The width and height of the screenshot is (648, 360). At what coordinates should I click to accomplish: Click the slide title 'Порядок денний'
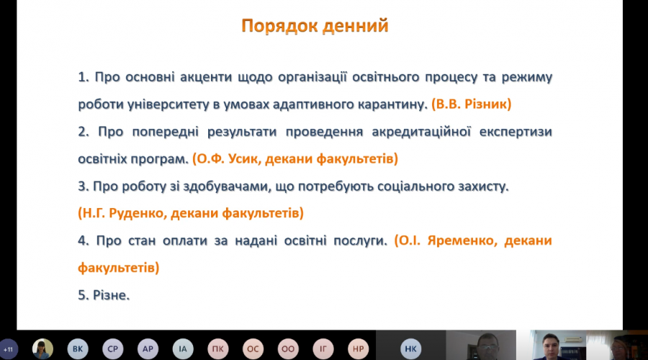click(315, 26)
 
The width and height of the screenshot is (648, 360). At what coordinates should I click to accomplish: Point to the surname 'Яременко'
click(460, 240)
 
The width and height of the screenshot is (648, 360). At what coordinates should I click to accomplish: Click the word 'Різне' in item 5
click(109, 295)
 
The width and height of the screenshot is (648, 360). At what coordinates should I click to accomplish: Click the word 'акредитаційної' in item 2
click(421, 132)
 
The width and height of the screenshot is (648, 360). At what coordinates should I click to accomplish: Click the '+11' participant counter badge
click(9, 349)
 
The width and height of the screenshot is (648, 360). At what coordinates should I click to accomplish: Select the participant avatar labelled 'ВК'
click(78, 349)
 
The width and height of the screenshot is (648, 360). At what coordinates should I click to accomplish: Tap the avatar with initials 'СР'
click(113, 349)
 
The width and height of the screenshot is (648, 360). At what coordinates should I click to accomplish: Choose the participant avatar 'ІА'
click(183, 349)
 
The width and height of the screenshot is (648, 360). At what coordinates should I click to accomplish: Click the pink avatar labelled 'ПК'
click(217, 349)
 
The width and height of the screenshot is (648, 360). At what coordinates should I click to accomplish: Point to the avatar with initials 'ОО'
click(288, 349)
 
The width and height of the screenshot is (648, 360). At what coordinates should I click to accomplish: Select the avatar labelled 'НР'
click(359, 349)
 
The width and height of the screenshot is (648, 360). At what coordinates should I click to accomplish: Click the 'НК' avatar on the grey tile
click(411, 349)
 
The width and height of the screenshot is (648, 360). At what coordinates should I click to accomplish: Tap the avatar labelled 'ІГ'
click(323, 349)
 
